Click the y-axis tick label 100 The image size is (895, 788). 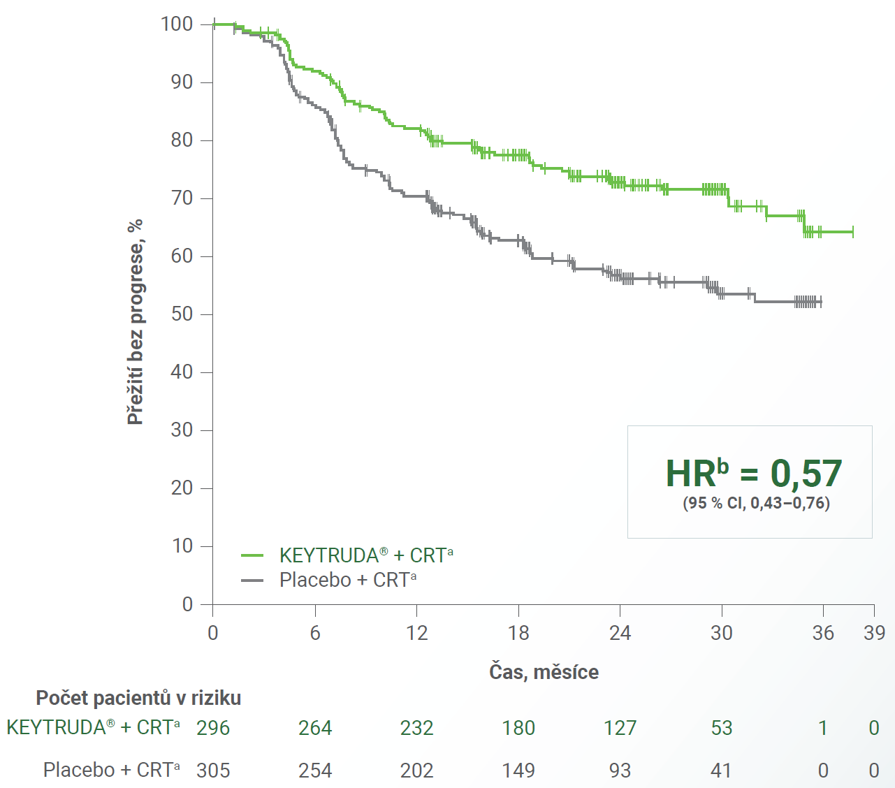177,24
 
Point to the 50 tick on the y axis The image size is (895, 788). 182,314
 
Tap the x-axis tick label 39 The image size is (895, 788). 874,633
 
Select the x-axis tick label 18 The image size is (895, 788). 518,633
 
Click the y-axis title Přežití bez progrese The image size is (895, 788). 136,321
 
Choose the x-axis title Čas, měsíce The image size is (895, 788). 544,672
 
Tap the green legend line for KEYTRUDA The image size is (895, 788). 252,555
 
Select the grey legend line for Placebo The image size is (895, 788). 252,580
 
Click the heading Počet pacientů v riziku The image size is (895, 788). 138,698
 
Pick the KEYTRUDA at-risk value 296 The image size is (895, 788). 213,728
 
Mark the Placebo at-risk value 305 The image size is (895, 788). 213,771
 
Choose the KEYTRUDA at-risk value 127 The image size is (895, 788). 620,728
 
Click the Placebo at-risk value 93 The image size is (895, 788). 620,771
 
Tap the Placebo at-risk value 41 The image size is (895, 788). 721,771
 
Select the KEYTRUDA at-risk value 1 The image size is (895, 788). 823,728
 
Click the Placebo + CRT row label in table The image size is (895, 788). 111,770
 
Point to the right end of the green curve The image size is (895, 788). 853,232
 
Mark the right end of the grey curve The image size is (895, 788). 821,302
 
